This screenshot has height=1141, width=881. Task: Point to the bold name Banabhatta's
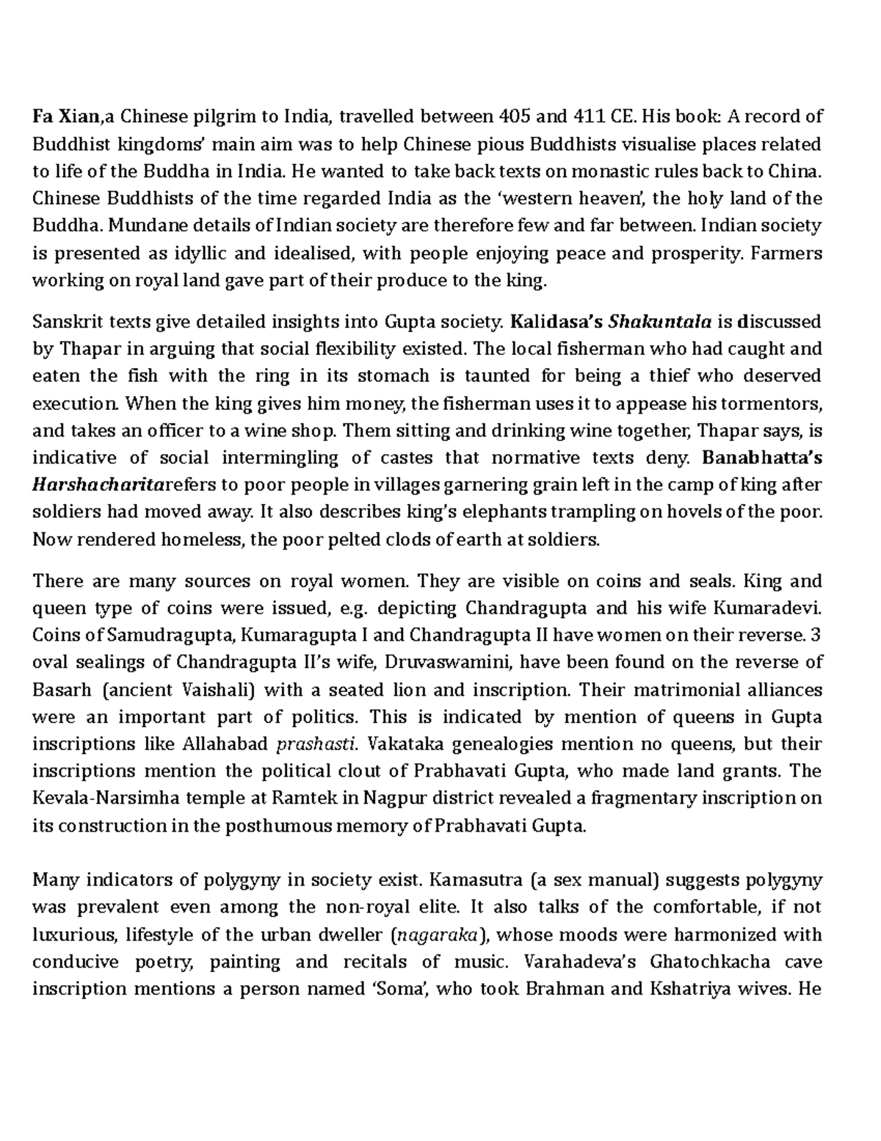[762, 458]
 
